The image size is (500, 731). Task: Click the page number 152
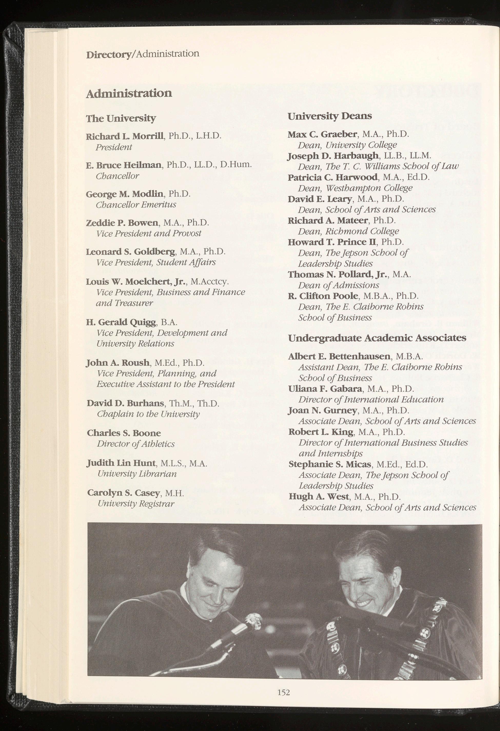tap(283, 700)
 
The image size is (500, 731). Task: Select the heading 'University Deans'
tap(329, 116)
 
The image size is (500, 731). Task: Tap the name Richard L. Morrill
tap(125, 136)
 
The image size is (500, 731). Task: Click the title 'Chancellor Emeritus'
tap(136, 205)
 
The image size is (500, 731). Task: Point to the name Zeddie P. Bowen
tap(122, 223)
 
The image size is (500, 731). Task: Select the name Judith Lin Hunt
tap(121, 463)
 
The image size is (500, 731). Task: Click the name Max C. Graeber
tap(323, 135)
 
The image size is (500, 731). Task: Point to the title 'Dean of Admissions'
tap(339, 285)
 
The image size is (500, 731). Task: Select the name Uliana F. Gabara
tap(325, 389)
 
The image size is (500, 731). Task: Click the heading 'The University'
tap(121, 118)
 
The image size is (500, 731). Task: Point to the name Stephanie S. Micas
tap(330, 464)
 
